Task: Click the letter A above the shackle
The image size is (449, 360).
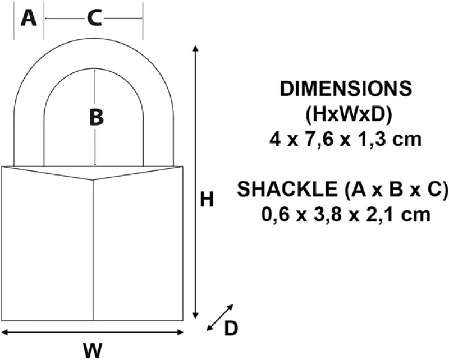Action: tap(29, 18)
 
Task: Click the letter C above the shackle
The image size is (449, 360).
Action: tap(94, 18)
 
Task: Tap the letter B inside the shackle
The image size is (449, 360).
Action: tap(96, 117)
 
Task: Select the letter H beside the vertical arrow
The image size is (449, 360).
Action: tap(207, 199)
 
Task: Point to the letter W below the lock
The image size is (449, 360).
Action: tap(93, 350)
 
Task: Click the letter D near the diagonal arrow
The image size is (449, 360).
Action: tap(231, 328)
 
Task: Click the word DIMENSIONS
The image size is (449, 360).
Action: tap(346, 89)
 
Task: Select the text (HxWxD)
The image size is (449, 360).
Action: tap(348, 114)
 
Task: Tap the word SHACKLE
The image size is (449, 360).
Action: tap(287, 189)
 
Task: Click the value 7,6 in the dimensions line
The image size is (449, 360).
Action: tap(319, 140)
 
